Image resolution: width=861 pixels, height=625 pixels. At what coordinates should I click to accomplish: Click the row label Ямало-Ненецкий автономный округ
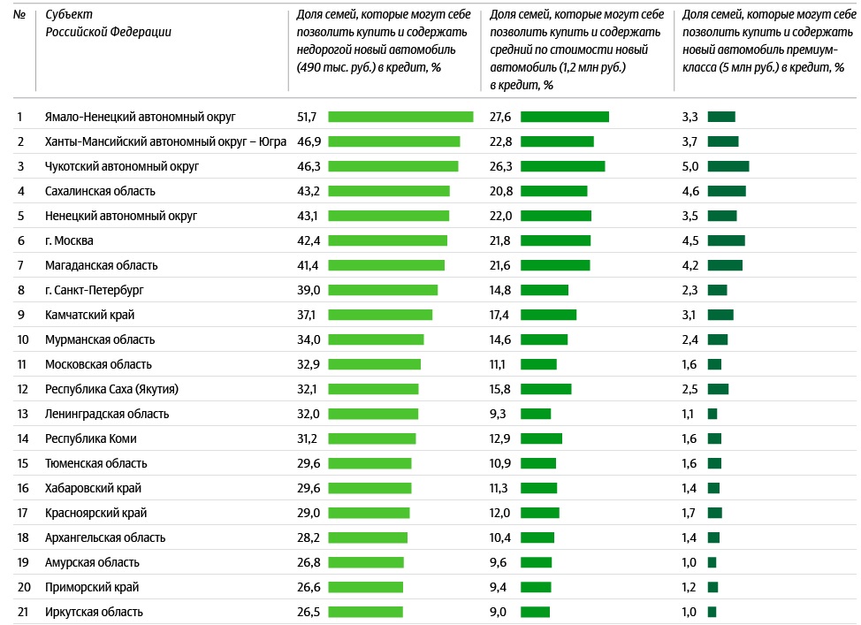click(x=140, y=117)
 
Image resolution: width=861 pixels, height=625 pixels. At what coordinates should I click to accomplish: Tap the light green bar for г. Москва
click(x=388, y=240)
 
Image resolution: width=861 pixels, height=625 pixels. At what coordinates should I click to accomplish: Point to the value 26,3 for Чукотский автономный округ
click(x=501, y=166)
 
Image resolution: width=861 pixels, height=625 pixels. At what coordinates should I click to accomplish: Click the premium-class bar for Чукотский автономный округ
click(x=728, y=166)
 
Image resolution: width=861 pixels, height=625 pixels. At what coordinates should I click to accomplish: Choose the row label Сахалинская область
click(x=100, y=191)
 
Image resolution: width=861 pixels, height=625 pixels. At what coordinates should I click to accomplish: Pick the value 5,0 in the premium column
click(x=690, y=166)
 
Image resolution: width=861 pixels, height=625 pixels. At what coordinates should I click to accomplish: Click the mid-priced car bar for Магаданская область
click(x=555, y=265)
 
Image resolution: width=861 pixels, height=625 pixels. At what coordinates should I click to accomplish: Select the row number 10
click(x=23, y=339)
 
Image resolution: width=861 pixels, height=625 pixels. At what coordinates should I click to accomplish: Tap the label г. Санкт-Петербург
click(x=95, y=290)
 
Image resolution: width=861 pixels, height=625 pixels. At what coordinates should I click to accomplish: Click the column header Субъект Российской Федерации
click(x=108, y=24)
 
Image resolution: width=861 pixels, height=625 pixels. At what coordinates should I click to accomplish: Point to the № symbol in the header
click(x=19, y=15)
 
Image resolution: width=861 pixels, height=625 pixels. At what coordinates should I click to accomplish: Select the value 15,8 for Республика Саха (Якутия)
click(x=500, y=389)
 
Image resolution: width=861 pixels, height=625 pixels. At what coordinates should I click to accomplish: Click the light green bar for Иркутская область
click(x=365, y=612)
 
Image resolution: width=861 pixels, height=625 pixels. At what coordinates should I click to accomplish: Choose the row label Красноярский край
click(x=95, y=513)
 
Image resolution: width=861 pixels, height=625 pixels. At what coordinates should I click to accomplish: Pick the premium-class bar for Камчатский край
click(x=720, y=315)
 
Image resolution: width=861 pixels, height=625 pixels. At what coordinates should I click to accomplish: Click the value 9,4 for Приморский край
click(x=499, y=587)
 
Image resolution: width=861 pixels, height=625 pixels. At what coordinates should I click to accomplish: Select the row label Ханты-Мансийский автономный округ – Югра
click(x=165, y=141)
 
